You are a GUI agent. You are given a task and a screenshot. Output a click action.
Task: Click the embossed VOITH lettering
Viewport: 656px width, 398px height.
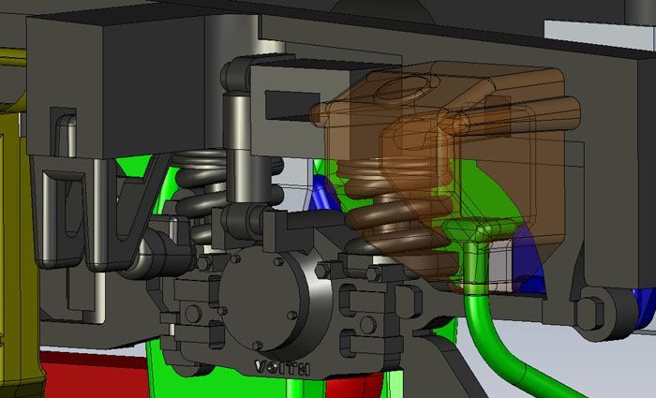click(x=282, y=368)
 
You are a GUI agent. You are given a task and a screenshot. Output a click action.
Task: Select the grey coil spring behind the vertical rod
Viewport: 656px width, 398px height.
click(x=209, y=188)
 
